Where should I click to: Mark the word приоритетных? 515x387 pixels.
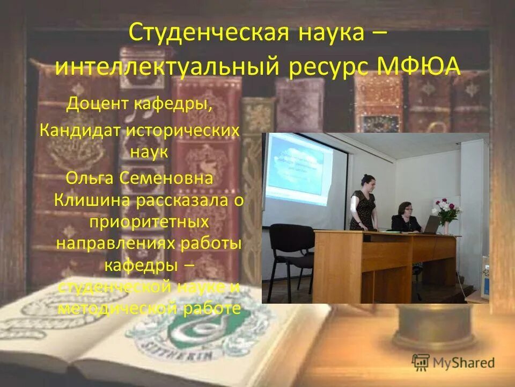149,221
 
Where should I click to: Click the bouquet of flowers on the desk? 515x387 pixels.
446,212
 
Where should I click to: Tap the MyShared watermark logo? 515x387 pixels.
453,362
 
